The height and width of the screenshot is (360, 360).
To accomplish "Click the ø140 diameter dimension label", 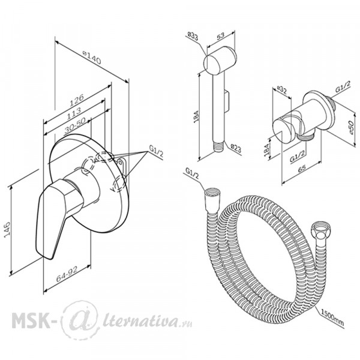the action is click(92, 58).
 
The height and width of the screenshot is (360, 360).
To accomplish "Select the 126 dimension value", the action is click(77, 100).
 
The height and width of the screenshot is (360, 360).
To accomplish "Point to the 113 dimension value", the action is click(74, 113).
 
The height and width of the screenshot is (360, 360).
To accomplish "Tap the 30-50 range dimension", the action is click(75, 125).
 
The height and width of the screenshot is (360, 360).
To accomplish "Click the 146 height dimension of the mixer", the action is click(8, 230).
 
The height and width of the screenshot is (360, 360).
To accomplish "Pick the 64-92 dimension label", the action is click(67, 274).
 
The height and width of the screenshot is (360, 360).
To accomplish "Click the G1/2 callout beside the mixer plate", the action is click(156, 151).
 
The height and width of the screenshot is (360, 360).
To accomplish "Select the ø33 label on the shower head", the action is click(193, 37).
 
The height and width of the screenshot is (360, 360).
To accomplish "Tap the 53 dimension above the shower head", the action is click(220, 36).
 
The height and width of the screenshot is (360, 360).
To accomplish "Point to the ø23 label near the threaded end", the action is click(236, 148).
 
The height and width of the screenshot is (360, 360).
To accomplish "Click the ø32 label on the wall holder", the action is click(281, 90).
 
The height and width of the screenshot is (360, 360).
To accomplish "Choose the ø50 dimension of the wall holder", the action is click(351, 127).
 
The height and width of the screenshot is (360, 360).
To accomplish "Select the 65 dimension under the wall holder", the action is click(302, 168).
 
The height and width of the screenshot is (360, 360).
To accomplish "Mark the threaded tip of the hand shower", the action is click(219, 146).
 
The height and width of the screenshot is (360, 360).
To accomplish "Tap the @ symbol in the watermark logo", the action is click(80, 320).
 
